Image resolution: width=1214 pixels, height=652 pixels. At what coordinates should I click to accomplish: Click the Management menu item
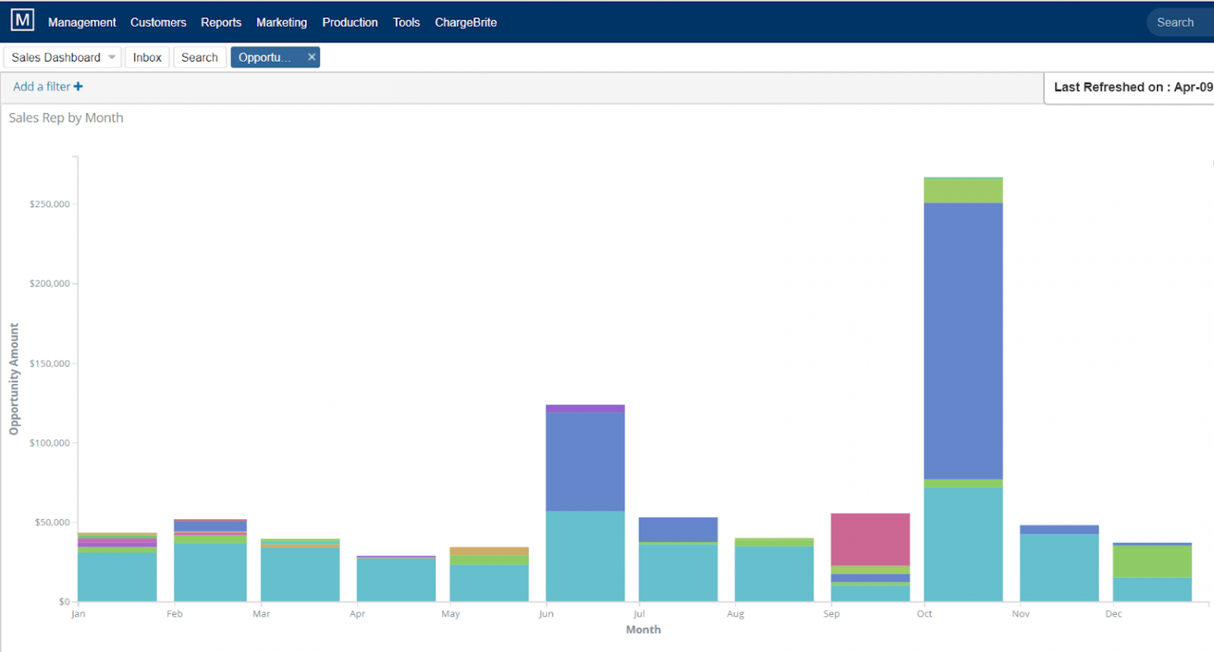point(81,22)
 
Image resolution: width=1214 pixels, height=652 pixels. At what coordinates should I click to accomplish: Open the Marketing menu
point(281,22)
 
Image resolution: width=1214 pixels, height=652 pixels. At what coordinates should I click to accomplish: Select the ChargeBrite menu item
point(466,22)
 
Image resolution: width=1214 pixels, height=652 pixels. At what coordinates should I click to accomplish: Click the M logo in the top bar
point(22,21)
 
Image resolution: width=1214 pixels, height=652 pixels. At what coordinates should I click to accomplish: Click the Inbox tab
point(147,57)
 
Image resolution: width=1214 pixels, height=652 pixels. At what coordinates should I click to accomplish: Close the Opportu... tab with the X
point(311,57)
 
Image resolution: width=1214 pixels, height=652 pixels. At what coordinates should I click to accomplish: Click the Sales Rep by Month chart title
point(66,118)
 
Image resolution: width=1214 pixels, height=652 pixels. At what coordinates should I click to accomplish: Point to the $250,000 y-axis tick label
point(49,204)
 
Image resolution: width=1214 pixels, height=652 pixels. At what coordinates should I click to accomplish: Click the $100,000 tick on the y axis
point(49,443)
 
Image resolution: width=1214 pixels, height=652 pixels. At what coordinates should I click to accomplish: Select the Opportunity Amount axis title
point(13,379)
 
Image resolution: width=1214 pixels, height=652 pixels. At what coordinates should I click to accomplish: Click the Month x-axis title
point(643,630)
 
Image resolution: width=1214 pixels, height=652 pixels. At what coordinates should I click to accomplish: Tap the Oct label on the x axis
point(924,614)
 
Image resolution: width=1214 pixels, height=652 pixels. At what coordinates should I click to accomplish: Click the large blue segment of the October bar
point(963,340)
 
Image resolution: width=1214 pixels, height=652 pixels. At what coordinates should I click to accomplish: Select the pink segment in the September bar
point(869,539)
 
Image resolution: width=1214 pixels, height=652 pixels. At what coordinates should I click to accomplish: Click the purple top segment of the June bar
point(585,409)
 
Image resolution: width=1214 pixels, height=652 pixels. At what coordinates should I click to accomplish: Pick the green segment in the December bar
point(1152,561)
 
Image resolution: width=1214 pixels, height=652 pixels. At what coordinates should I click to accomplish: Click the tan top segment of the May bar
point(488,551)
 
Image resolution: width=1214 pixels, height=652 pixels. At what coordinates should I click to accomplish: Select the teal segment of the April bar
point(396,580)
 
